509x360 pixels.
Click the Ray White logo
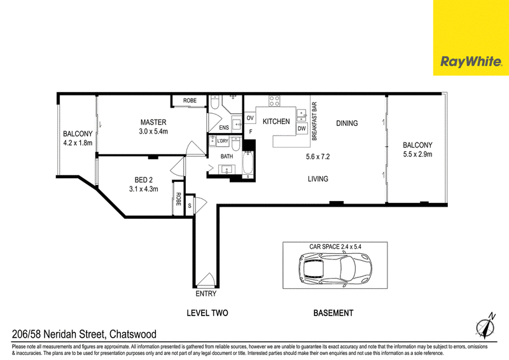point(471,62)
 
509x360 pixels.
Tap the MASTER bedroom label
point(153,122)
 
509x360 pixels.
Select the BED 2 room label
point(144,180)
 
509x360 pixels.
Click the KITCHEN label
point(276,121)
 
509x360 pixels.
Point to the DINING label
point(347,123)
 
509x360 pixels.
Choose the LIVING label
point(317,179)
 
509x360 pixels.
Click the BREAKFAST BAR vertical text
point(314,121)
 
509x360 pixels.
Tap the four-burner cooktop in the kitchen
point(274,101)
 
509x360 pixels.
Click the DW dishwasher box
point(302,128)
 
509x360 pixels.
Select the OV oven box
point(250,118)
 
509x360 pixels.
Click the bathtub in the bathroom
point(248,163)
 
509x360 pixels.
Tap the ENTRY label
point(206,294)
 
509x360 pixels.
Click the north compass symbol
point(486,326)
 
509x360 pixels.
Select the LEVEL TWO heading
point(207,313)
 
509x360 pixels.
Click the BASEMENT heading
point(333,313)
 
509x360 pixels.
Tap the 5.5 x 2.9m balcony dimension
point(417,155)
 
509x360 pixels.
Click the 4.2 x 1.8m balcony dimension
point(78,143)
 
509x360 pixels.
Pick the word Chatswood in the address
point(133,334)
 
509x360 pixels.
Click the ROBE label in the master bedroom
point(190,100)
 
